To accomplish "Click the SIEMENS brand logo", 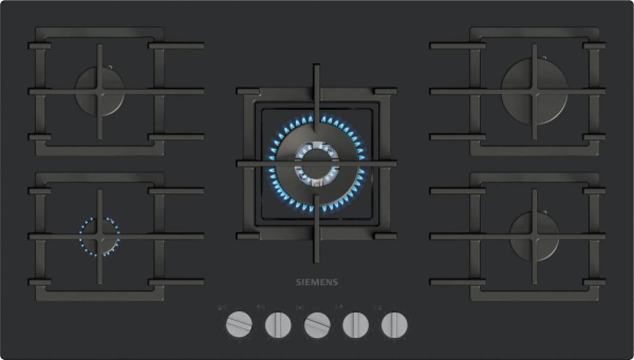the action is point(316,282).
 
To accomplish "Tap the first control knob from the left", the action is point(239,325).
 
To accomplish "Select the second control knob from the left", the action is point(278,325).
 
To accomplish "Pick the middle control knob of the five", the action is point(317,325).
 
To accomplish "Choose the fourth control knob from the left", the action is point(356,325).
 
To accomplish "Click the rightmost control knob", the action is point(394,325).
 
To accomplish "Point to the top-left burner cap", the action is point(100,91).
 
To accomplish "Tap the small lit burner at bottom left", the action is point(100,236).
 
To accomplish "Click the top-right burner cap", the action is point(534,91).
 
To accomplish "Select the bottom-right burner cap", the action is point(534,236).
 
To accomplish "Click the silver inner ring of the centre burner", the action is point(316,163).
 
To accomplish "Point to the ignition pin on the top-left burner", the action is point(109,67).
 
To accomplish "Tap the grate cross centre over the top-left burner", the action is point(100,91).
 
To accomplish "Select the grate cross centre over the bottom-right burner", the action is point(534,236).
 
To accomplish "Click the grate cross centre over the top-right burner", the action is point(534,91).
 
